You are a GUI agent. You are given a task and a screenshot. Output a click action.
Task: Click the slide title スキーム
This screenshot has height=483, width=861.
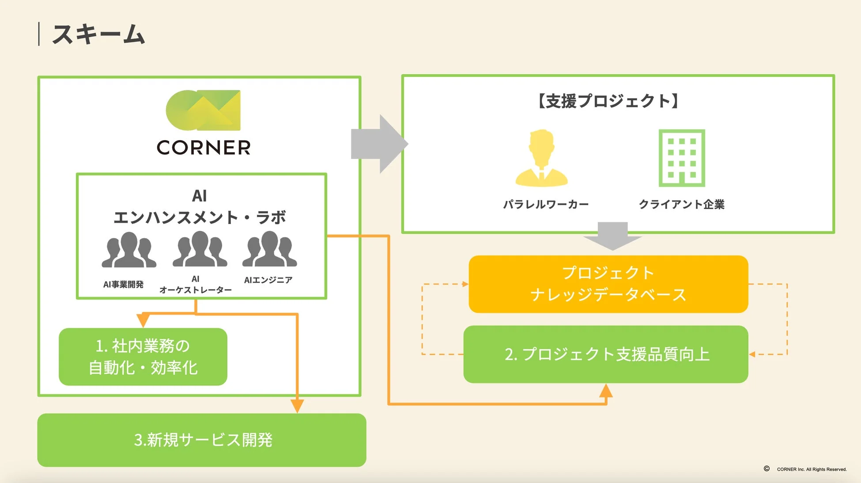[x=98, y=34]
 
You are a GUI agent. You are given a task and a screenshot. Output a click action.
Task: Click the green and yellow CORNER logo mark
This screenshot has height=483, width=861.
[x=203, y=110]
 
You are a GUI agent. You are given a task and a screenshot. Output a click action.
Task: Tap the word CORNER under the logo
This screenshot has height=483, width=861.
[x=204, y=148]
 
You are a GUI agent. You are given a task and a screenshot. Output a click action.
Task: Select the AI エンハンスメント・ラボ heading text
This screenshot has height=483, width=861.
[x=200, y=207]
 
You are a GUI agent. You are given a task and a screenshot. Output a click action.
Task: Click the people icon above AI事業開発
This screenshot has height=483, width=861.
[x=129, y=250]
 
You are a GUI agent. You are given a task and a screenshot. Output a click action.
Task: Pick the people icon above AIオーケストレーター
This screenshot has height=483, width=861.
[x=200, y=250]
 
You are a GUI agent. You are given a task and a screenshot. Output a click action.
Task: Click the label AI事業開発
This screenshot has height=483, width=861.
[x=123, y=285]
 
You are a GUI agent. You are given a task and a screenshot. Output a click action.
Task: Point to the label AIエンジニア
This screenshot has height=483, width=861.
[x=268, y=280]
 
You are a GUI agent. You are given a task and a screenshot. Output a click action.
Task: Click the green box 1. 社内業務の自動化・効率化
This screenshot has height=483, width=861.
[x=143, y=357]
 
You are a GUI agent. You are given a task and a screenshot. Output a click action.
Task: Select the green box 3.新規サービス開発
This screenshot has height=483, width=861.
[x=202, y=440]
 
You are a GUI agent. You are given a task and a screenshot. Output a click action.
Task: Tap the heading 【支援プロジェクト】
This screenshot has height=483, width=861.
[x=608, y=101]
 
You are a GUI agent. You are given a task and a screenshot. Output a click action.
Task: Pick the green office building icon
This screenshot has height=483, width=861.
[x=681, y=158]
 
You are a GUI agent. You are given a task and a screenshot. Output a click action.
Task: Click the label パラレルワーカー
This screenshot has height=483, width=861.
[x=546, y=205]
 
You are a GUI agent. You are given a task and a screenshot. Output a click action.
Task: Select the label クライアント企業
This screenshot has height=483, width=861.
[x=681, y=205]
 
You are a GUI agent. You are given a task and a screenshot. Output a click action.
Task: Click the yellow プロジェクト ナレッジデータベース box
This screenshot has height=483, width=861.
[x=608, y=284]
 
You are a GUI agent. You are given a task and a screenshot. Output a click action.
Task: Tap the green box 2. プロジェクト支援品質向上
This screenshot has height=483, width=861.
[x=606, y=354]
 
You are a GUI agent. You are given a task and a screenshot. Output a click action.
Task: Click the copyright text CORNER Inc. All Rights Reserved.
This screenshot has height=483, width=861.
[x=811, y=469]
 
